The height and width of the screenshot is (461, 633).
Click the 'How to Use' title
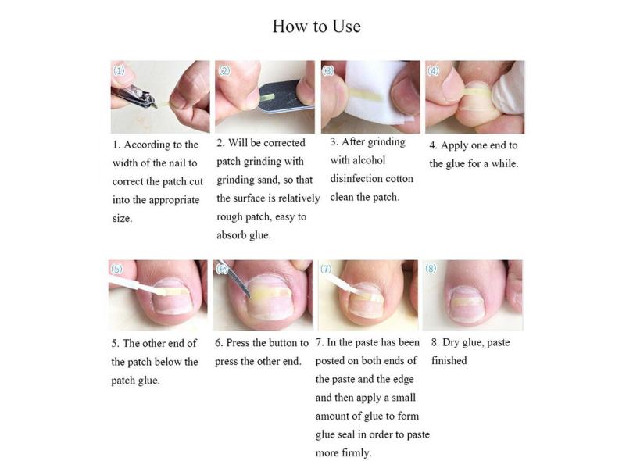point(316,27)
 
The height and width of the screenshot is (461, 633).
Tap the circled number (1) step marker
point(119,71)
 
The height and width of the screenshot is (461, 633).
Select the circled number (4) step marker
point(433,71)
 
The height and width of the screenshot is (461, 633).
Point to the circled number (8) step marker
point(431,269)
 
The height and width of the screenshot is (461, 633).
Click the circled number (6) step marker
point(222,269)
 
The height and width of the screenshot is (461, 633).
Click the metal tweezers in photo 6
point(235,278)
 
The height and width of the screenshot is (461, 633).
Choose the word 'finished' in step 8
point(449,360)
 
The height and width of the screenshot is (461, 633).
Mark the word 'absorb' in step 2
point(231,235)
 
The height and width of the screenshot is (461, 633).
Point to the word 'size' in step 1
point(122,219)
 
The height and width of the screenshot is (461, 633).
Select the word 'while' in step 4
point(505,164)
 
